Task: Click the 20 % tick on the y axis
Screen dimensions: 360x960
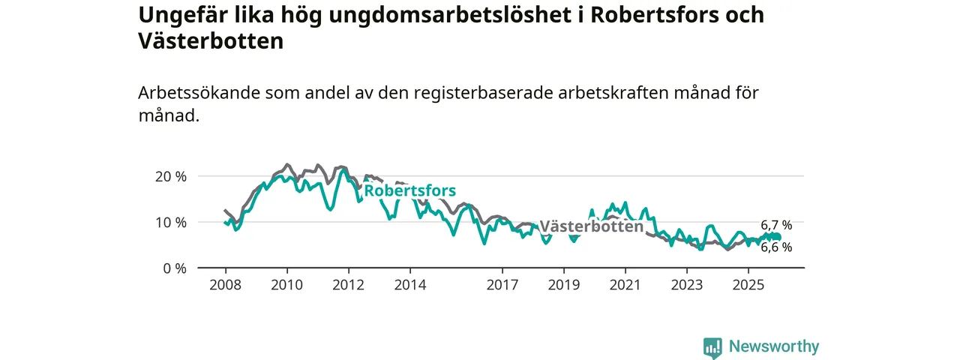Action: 170,176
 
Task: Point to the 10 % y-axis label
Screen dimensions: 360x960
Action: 170,222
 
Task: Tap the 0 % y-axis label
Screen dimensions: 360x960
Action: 174,268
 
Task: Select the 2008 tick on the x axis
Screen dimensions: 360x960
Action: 225,285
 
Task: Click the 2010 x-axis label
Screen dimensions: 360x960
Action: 286,285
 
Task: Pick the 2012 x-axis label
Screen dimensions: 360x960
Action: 348,285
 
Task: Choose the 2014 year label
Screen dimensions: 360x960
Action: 409,285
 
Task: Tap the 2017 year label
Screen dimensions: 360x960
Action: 502,285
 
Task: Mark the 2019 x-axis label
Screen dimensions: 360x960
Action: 563,285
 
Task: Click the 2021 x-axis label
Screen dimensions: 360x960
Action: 625,285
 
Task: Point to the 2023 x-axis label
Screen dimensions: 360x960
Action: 686,285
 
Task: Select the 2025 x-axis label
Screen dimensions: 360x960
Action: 748,285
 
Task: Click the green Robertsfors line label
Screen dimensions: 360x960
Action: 409,191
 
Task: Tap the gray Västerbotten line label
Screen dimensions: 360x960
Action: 591,226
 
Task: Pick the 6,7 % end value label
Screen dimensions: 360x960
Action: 776,225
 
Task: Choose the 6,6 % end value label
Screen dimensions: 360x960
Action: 776,247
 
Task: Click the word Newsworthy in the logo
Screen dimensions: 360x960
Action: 774,346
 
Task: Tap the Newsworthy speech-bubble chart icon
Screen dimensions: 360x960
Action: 712,347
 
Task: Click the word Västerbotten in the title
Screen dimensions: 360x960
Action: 211,41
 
